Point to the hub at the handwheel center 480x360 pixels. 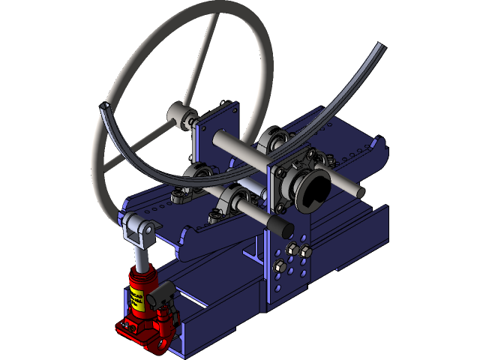pyautogui.click(x=181, y=115)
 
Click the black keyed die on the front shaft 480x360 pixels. pyautogui.click(x=313, y=187)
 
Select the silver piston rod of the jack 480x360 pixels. pyautogui.click(x=139, y=255)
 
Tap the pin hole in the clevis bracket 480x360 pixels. pyautogui.click(x=148, y=227)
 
